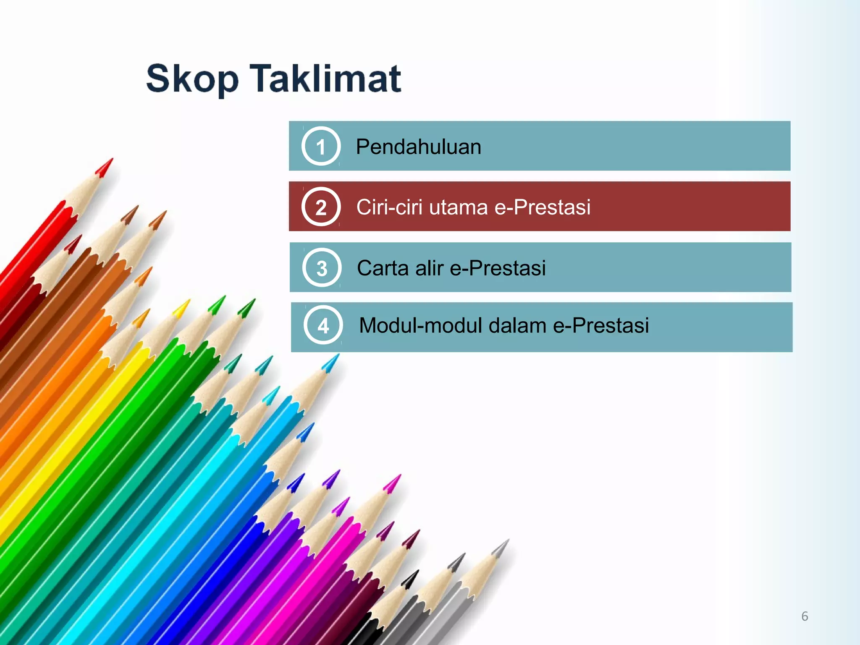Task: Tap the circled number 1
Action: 321,146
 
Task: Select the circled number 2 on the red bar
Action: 321,207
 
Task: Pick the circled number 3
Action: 322,268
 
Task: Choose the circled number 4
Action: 323,325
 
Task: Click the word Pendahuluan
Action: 418,147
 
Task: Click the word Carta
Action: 383,268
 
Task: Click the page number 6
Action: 805,616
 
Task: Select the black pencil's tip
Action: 415,574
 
